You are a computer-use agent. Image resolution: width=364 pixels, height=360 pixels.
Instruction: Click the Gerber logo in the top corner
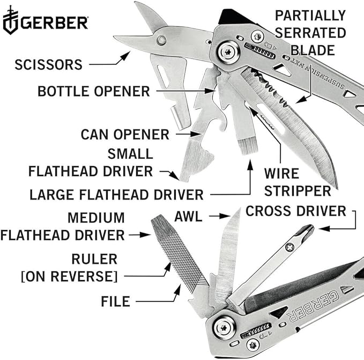click(x=45, y=23)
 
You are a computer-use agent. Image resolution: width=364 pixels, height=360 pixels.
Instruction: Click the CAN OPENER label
click(x=125, y=133)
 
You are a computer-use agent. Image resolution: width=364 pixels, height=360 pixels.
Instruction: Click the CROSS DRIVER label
click(x=296, y=211)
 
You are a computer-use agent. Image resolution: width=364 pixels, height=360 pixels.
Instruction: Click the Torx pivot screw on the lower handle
click(x=224, y=326)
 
